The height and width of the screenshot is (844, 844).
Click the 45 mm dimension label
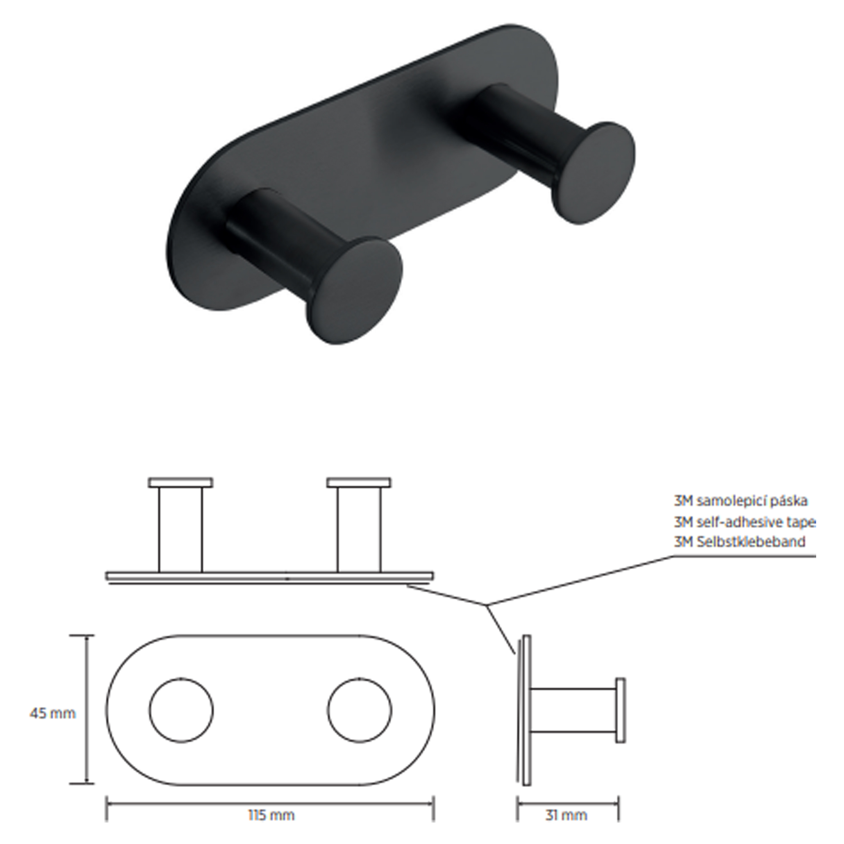[52, 713]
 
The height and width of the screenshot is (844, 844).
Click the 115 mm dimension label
[271, 815]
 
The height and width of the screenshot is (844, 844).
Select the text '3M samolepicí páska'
[740, 500]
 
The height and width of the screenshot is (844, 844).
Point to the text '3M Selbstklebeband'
[739, 542]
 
